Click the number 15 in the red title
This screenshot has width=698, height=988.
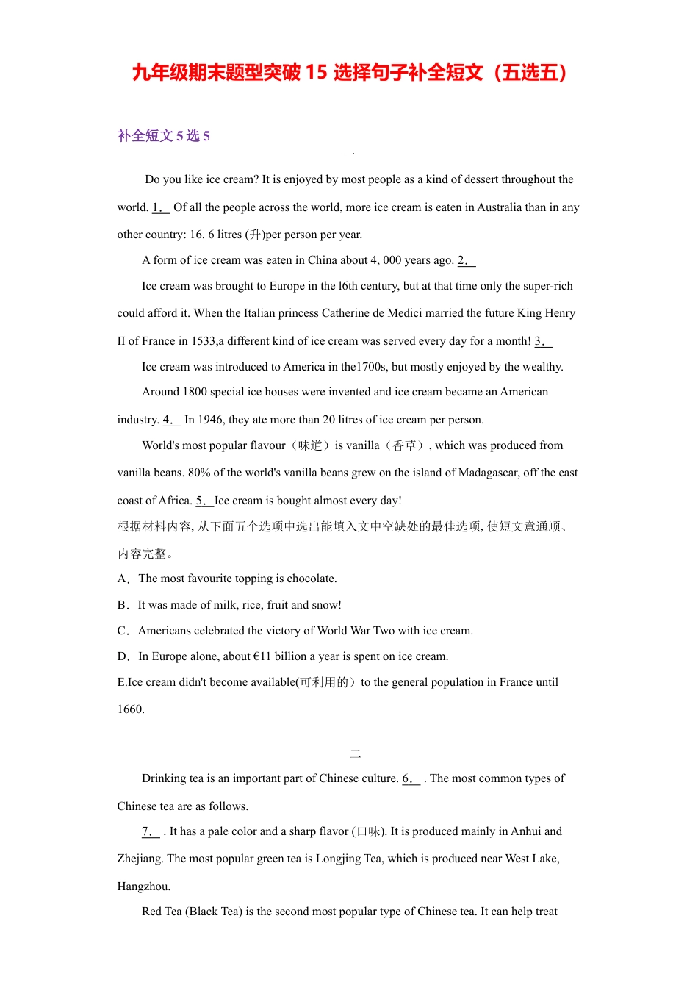[x=316, y=72]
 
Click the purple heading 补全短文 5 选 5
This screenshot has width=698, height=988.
[x=164, y=135]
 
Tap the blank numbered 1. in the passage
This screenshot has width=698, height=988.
[x=160, y=207]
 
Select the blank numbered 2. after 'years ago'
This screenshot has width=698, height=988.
[x=466, y=260]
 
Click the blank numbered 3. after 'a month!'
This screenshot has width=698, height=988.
[x=543, y=341]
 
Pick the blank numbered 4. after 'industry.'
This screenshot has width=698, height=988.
[x=171, y=420]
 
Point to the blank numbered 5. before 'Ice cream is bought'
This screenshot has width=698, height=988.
[x=204, y=501]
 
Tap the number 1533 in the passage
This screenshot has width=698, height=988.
[x=203, y=341]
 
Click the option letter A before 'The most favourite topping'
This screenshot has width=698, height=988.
[x=122, y=579]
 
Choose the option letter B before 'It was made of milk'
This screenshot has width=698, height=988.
[x=122, y=605]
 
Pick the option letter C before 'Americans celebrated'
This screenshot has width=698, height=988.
[x=122, y=631]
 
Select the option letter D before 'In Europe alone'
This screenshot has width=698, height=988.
[x=122, y=656]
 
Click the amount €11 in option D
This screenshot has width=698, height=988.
[x=262, y=656]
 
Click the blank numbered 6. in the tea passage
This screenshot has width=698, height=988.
[x=411, y=778]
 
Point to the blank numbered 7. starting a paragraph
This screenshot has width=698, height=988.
[x=151, y=831]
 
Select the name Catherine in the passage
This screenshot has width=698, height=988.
[x=345, y=313]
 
